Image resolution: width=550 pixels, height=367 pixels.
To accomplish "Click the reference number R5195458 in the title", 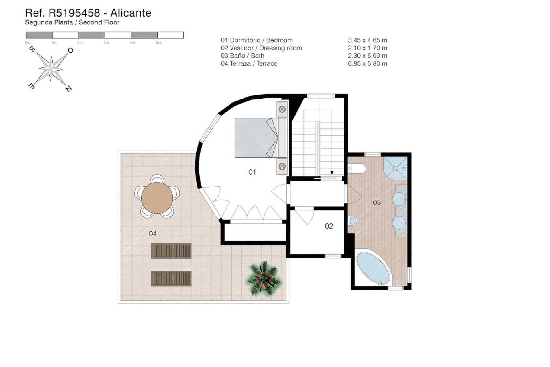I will coord(74,13).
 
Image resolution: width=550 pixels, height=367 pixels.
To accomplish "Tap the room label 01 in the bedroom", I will coord(252,172).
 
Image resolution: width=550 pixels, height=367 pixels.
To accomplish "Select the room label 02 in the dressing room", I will coord(329,226).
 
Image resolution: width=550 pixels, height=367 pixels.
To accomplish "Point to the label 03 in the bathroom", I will coord(377,203).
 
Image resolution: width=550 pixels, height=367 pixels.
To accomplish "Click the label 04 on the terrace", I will coord(153,234).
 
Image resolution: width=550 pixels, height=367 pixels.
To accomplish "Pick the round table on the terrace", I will coord(157,198).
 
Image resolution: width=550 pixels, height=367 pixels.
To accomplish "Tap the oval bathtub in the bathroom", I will coord(374,268).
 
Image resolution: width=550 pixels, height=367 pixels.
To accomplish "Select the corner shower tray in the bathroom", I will coord(395,168).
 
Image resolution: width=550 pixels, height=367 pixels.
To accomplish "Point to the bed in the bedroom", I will coord(256,138).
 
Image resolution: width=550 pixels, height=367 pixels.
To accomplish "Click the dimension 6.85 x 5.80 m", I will coord(368,64).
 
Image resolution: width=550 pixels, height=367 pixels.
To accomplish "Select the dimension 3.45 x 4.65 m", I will coord(368,40).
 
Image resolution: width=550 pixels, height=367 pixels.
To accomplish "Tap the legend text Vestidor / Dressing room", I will coord(266,48).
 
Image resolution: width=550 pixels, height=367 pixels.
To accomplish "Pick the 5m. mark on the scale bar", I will coord(159,42).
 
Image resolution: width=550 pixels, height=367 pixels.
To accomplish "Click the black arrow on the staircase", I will coord(332,173).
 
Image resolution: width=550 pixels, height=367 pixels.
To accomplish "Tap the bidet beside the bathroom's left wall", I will coord(353,221).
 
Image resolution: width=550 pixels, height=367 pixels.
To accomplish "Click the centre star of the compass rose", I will coord(51,68).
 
